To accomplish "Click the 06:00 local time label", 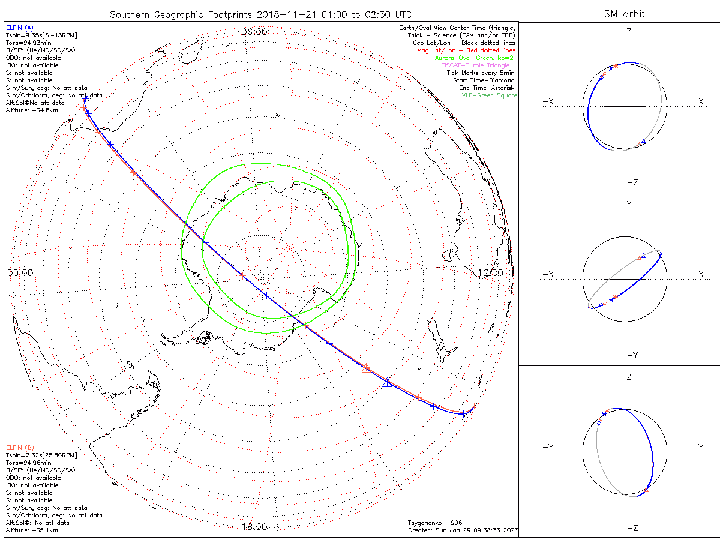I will (x=254, y=32).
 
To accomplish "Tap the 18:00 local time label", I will (x=254, y=527).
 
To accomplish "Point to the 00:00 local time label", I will (x=20, y=272).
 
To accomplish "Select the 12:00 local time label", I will (x=490, y=272).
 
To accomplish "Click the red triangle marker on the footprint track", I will (x=366, y=368).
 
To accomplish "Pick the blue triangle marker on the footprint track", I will (x=388, y=382).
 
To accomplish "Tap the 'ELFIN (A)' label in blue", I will (x=20, y=28).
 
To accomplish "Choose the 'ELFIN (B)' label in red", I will (x=20, y=447).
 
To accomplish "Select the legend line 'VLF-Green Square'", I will (x=488, y=95).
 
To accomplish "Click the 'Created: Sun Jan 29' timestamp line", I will (x=462, y=530).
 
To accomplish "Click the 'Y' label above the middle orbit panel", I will (x=629, y=204).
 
